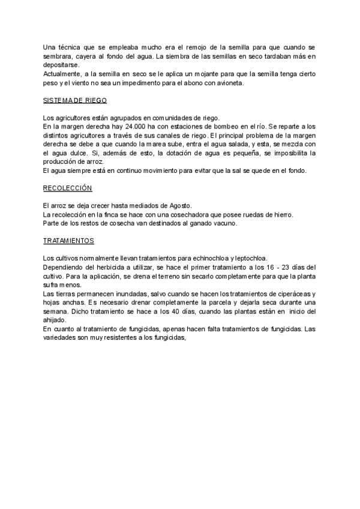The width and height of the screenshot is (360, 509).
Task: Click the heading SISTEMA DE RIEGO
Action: pos(75,100)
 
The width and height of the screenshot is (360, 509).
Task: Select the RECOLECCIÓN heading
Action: pos(67,188)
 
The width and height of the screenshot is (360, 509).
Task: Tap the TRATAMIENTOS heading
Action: pos(69,241)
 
